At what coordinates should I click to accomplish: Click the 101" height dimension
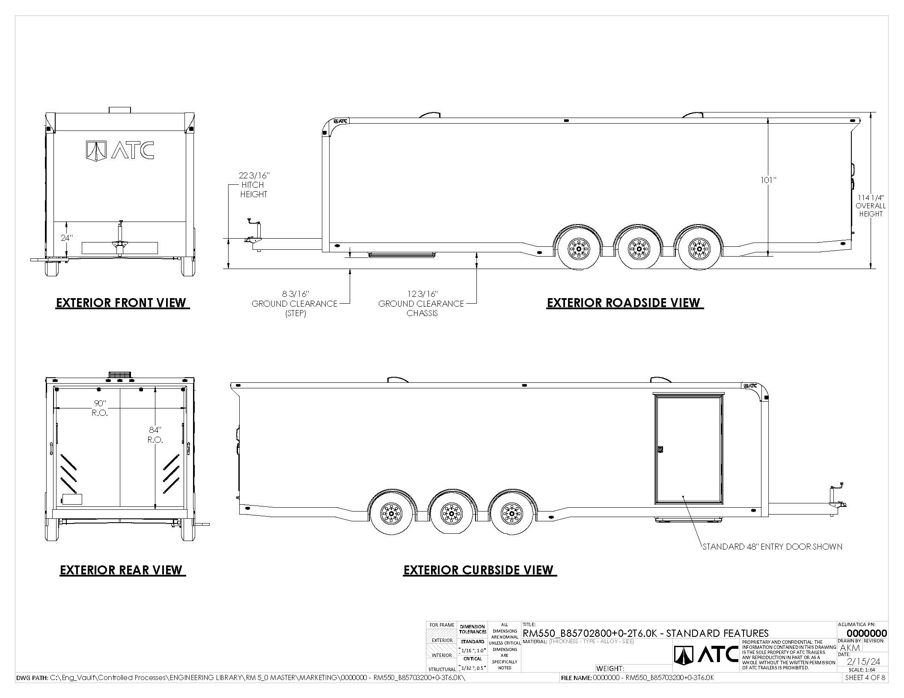(x=768, y=180)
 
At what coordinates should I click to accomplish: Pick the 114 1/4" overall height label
(x=871, y=206)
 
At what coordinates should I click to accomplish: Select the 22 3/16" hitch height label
(x=254, y=185)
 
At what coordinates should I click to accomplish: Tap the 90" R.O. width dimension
(x=100, y=408)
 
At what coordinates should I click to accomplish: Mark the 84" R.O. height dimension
(x=155, y=435)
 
